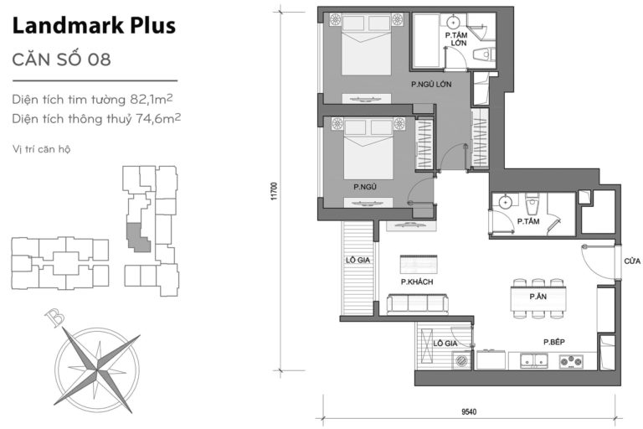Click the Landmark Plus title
tap(95, 26)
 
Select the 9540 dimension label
tap(470, 411)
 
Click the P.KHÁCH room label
tap(416, 282)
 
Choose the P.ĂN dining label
tap(538, 297)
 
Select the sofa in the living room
tap(416, 304)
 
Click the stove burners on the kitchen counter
tap(572, 363)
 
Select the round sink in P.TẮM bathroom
tap(505, 202)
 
